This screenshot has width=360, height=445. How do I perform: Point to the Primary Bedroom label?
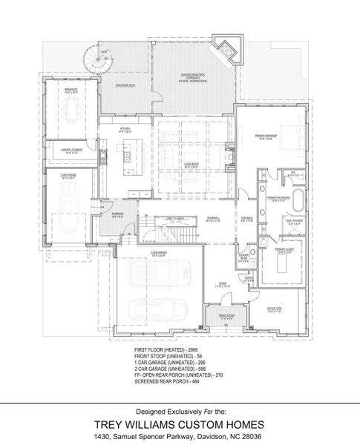pyautogui.click(x=268, y=148)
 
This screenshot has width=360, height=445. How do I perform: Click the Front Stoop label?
pyautogui.click(x=225, y=317)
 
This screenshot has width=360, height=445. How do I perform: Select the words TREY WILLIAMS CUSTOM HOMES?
pyautogui.click(x=179, y=425)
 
